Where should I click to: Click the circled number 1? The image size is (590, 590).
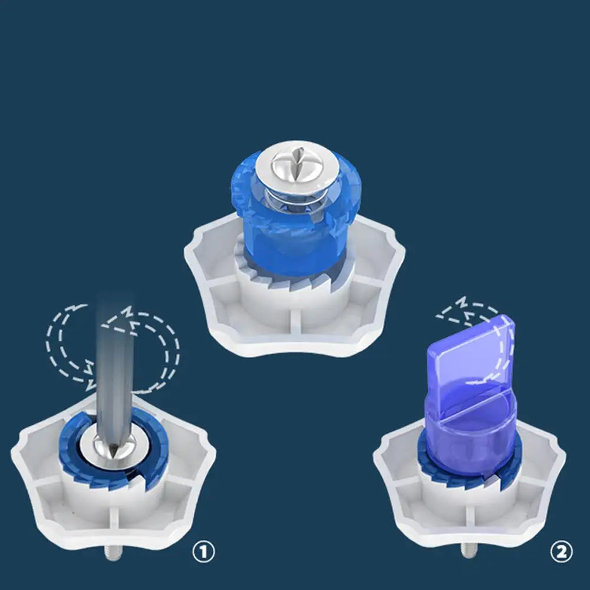pos(203,552)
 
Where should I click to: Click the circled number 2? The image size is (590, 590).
pos(561,552)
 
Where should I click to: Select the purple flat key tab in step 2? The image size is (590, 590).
pos(471,357)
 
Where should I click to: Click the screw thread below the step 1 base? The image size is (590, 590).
pos(113,553)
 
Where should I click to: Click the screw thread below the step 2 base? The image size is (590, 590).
pos(470,551)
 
